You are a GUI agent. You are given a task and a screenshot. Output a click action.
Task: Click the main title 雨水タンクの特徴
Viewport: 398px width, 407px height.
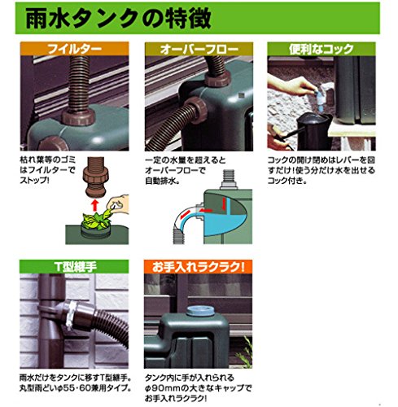pos(118,19)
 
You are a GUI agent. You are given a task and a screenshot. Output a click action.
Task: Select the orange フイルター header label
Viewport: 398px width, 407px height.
pos(75,49)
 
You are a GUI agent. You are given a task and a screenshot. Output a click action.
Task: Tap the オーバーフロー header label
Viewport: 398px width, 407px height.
pos(199,50)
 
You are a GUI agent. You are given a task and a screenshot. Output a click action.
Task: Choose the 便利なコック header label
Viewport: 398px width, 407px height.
pos(321,49)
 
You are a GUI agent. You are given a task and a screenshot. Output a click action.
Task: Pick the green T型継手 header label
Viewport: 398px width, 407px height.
pos(75,267)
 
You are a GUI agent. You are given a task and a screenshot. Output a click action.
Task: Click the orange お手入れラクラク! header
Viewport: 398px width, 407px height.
pos(199,267)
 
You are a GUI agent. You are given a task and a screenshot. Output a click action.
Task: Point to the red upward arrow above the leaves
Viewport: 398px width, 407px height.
pos(94,205)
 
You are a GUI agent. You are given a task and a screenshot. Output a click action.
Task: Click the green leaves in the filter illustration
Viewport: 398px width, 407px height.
pos(95,221)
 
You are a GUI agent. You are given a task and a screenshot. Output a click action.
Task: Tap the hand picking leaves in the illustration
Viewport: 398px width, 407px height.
pos(118,204)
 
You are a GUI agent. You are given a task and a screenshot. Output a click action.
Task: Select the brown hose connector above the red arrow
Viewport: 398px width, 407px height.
pos(95,177)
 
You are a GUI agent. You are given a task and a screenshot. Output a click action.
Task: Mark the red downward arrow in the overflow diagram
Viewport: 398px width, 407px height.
pos(224,203)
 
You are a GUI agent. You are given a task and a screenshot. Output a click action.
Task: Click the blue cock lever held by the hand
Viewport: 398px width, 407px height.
pos(320,95)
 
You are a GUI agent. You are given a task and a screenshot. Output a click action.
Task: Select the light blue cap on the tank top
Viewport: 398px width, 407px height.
pos(199,310)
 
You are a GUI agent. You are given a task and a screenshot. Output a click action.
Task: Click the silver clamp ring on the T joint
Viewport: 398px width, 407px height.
pos(71,315)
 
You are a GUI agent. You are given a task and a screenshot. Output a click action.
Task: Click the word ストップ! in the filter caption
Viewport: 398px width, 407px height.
pos(34,180)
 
